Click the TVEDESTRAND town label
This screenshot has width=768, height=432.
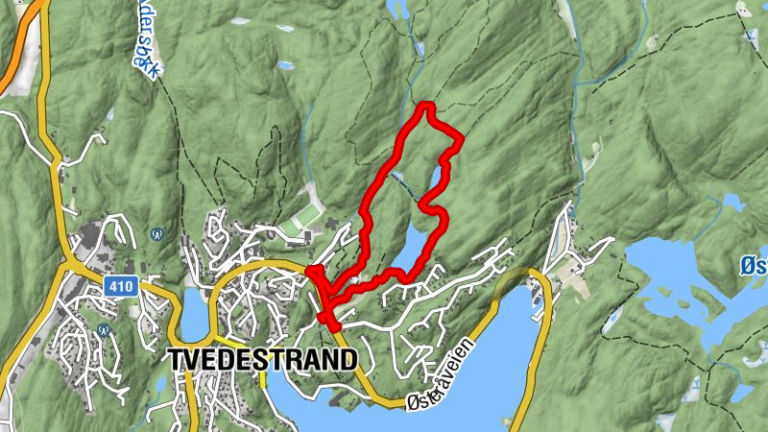262,359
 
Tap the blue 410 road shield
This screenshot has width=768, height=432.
122,286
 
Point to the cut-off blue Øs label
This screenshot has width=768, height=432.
754,264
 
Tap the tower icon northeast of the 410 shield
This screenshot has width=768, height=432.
156,233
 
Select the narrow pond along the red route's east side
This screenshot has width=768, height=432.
438,178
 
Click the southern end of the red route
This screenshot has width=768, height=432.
335,329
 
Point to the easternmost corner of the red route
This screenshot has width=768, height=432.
462,140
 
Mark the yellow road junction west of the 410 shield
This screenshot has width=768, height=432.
70,261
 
